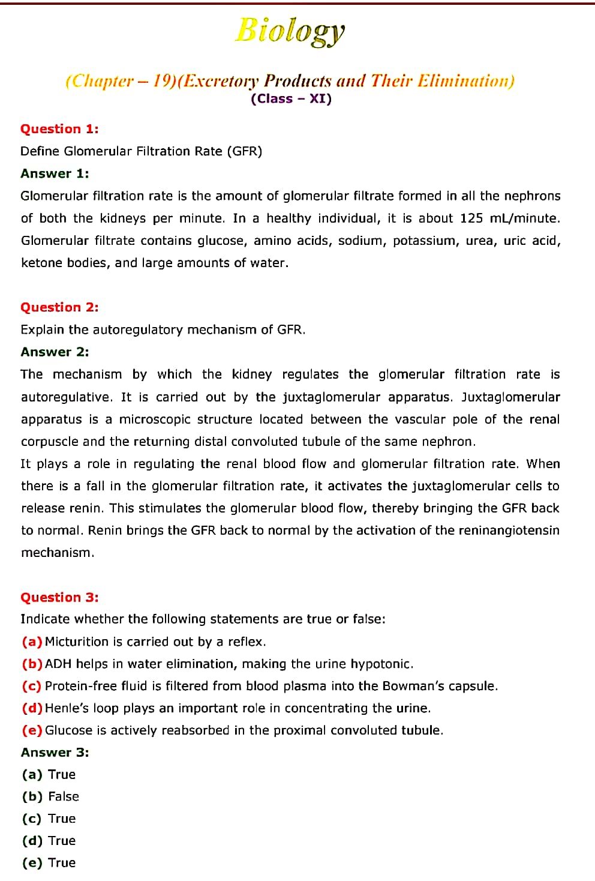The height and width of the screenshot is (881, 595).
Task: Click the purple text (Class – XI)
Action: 291,99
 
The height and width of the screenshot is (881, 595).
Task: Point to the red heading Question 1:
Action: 59,129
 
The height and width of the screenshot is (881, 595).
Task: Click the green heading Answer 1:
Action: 55,173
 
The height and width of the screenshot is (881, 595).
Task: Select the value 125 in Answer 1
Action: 471,218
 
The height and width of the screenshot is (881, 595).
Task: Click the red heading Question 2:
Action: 59,307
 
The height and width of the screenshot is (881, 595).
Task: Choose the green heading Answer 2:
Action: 55,352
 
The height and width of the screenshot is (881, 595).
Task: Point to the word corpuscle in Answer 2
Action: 49,442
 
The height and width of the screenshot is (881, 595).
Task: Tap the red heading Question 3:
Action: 59,597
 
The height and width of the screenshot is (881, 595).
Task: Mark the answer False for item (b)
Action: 64,796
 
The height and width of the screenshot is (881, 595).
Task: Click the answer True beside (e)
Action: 62,863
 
